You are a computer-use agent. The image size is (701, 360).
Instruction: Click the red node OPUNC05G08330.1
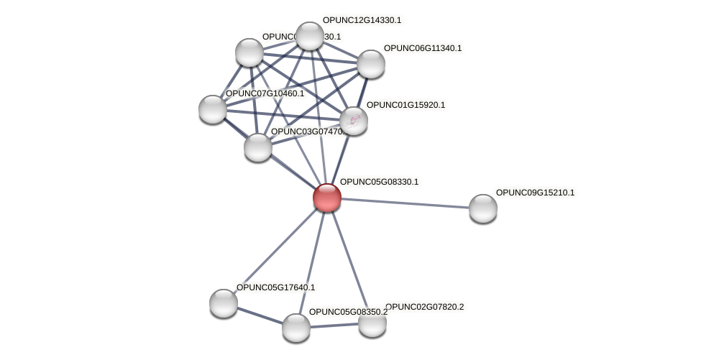(x=327, y=198)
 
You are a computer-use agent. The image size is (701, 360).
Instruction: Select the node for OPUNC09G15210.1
(x=482, y=208)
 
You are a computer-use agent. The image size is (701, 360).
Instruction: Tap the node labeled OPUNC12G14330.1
(x=310, y=36)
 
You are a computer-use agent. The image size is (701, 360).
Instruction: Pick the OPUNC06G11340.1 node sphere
(x=371, y=64)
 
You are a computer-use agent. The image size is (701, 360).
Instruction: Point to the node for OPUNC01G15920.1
(x=354, y=121)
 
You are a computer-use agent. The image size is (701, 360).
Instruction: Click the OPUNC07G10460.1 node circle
(x=213, y=109)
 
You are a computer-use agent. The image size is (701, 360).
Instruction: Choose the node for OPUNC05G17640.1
(x=224, y=303)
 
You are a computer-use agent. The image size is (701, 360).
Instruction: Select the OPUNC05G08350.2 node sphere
(x=296, y=328)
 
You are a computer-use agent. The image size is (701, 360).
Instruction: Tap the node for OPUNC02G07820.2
(x=372, y=323)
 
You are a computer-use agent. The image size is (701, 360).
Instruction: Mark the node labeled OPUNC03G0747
(x=258, y=147)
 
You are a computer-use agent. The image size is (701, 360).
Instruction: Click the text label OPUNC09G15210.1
(x=535, y=193)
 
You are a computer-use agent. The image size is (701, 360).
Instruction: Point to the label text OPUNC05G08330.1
(x=379, y=182)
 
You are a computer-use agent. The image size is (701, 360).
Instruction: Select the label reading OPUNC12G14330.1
(x=362, y=20)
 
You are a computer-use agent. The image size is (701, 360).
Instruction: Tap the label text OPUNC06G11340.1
(x=423, y=48)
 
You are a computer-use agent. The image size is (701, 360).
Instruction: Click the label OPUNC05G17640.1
(x=275, y=287)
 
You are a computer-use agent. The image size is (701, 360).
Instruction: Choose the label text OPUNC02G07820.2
(x=424, y=307)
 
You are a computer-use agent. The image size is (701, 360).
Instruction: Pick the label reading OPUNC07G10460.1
(x=265, y=93)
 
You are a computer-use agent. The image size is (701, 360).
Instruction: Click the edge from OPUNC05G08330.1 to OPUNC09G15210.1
(x=405, y=203)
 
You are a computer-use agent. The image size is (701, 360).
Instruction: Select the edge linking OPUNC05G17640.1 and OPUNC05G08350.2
(x=260, y=315)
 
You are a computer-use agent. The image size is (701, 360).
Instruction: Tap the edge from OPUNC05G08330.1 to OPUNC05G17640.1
(x=275, y=250)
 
